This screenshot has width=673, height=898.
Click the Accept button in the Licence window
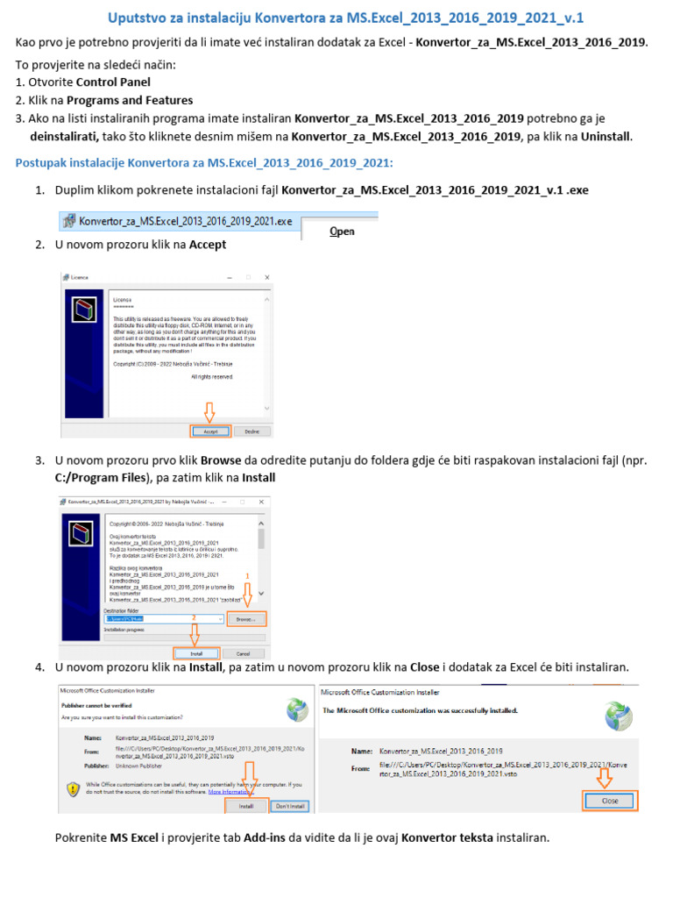click(210, 431)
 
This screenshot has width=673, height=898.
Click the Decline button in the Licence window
click(252, 431)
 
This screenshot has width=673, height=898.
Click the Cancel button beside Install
click(243, 653)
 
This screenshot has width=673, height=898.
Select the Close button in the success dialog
click(610, 801)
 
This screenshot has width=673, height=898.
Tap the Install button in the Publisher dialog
click(246, 805)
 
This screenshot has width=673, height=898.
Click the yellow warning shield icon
click(74, 788)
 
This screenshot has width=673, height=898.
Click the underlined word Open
click(342, 232)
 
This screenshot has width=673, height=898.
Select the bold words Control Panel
click(113, 82)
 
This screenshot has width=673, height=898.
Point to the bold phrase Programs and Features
click(142, 100)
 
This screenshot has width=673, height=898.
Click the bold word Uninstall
click(606, 136)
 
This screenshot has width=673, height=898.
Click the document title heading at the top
click(345, 18)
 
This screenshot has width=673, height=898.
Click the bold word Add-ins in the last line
click(268, 838)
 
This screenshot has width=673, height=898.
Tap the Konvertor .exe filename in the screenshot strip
click(185, 222)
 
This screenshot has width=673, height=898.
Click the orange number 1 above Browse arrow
click(247, 575)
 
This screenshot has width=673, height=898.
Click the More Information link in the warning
click(227, 792)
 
